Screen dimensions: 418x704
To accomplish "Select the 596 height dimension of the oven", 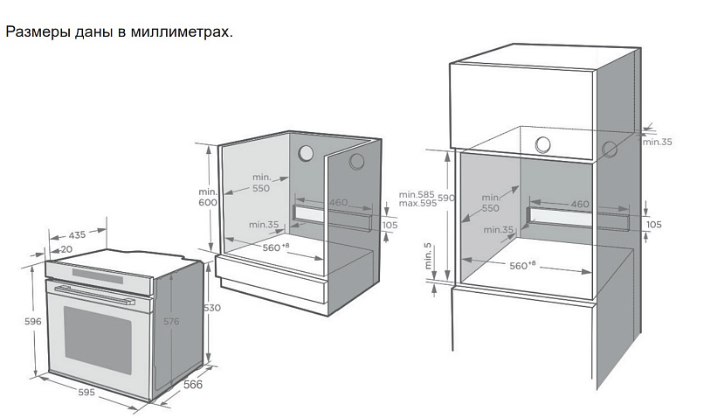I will [x=33, y=322].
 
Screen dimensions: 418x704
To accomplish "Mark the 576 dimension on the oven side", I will [x=171, y=322].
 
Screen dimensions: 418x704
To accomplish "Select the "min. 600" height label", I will [x=206, y=197].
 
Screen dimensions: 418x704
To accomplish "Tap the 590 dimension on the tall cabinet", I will [x=445, y=199].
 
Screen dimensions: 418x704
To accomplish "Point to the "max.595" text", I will [x=416, y=204].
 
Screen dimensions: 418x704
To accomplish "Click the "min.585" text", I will [x=416, y=193].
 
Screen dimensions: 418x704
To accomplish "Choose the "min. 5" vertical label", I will [x=427, y=255].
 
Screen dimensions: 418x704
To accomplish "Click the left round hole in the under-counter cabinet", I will [x=306, y=153].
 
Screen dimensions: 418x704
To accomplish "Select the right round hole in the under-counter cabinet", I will [x=357, y=161].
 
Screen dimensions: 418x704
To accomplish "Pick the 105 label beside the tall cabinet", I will [x=653, y=225].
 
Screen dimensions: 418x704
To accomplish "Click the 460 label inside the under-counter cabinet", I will [x=339, y=203].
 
